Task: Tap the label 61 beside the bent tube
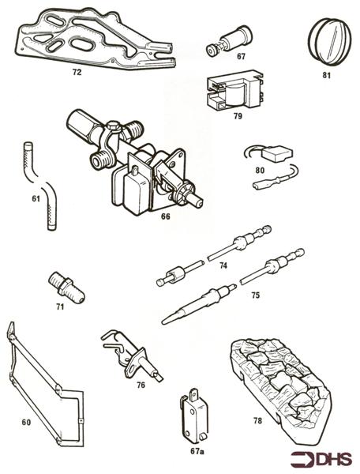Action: [x=36, y=198]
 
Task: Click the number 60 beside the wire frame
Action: [x=26, y=423]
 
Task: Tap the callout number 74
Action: [x=223, y=266]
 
